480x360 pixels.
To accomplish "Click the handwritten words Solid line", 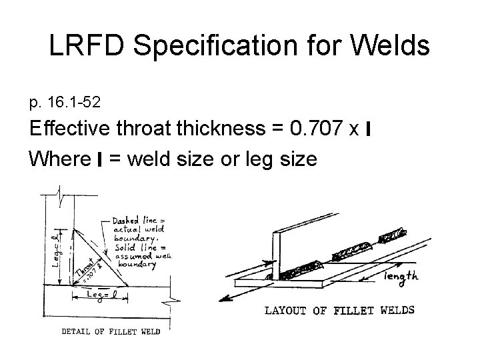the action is tap(131, 247).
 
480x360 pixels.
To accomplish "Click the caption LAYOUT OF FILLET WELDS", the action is tap(339, 309).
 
